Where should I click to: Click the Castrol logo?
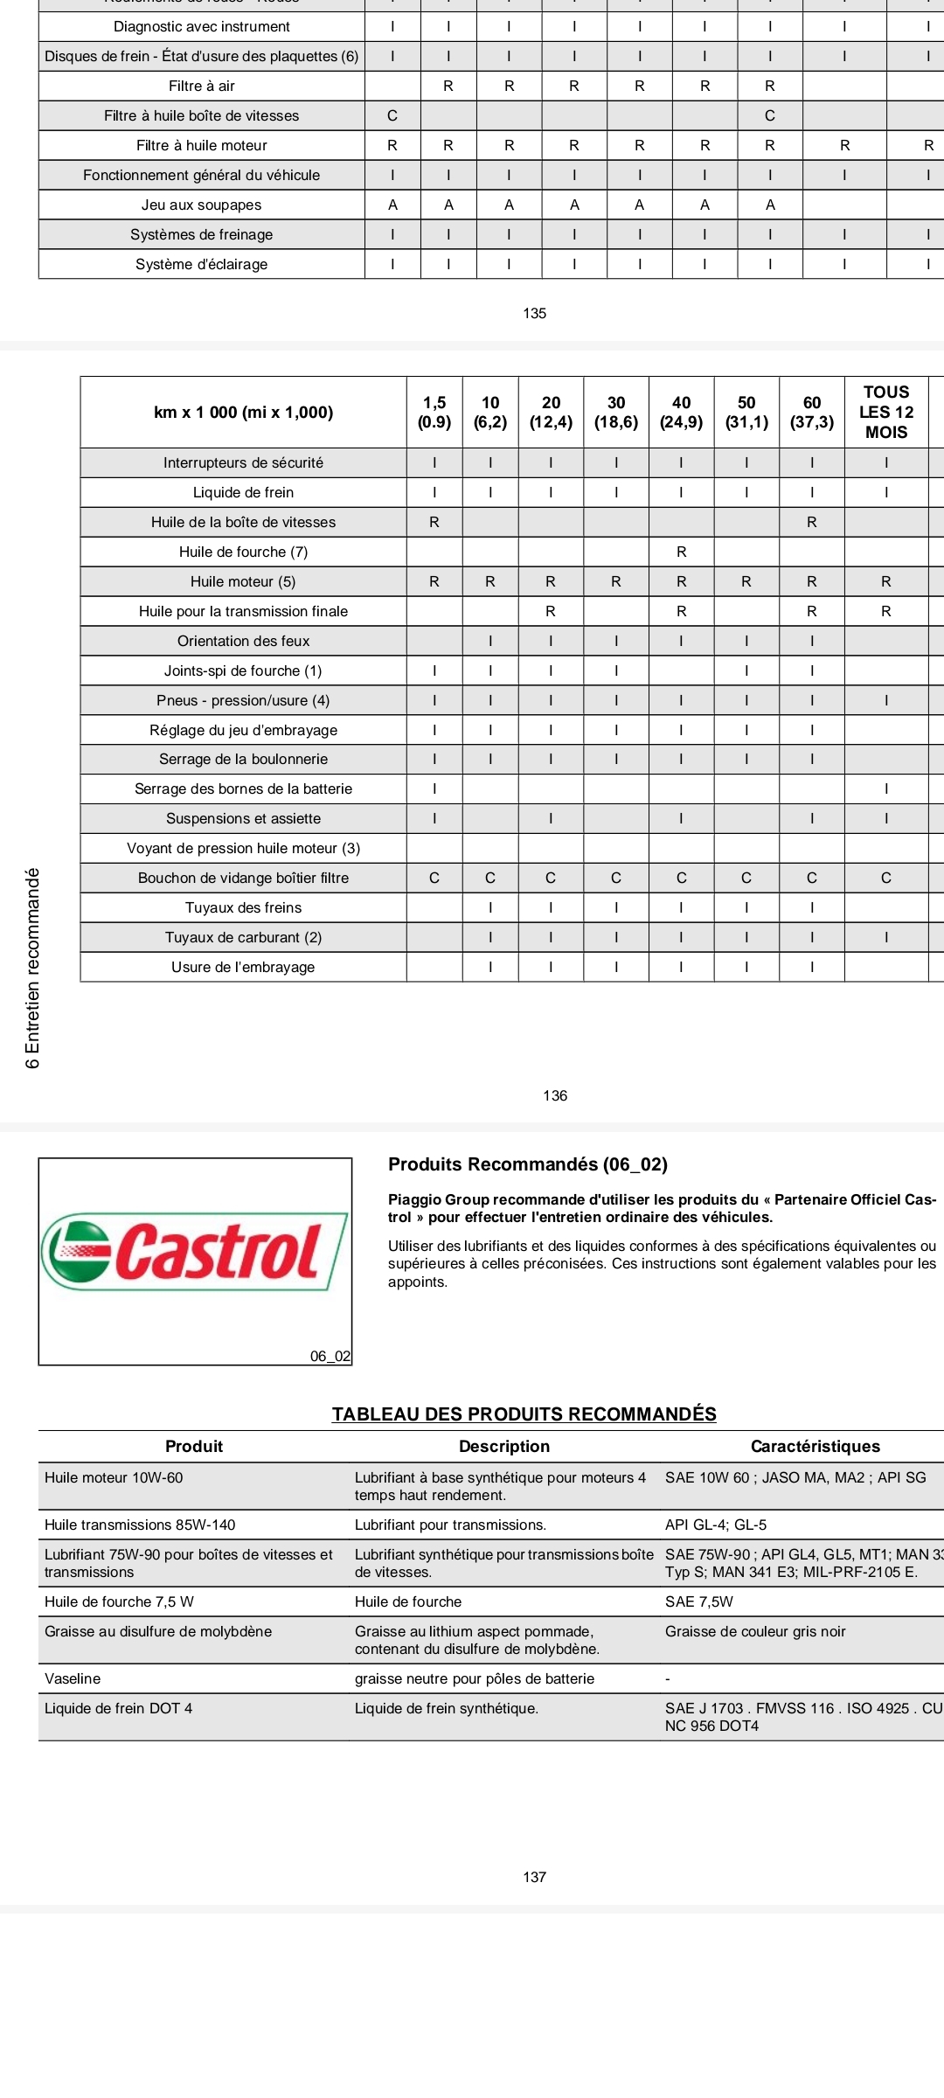[194, 1252]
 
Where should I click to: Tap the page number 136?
[555, 1095]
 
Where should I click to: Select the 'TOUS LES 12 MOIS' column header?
[885, 413]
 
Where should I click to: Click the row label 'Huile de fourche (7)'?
[243, 552]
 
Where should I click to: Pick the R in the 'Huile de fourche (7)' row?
[681, 552]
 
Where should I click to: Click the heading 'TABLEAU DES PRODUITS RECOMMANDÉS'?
[524, 1414]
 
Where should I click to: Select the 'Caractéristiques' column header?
[815, 1446]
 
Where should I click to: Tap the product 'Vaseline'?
[73, 1678]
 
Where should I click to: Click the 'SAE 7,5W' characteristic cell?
[698, 1601]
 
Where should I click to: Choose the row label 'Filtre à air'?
[201, 86]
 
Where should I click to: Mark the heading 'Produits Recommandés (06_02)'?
[527, 1164]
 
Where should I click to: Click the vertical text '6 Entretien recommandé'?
[33, 968]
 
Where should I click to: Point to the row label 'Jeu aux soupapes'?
[201, 205]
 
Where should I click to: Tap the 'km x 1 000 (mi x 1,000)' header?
[243, 413]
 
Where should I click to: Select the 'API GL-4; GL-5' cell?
[715, 1525]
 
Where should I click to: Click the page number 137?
[534, 1877]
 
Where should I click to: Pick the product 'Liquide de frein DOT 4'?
[118, 1708]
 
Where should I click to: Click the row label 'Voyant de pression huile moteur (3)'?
[243, 848]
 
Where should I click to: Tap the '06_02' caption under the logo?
[330, 1356]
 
